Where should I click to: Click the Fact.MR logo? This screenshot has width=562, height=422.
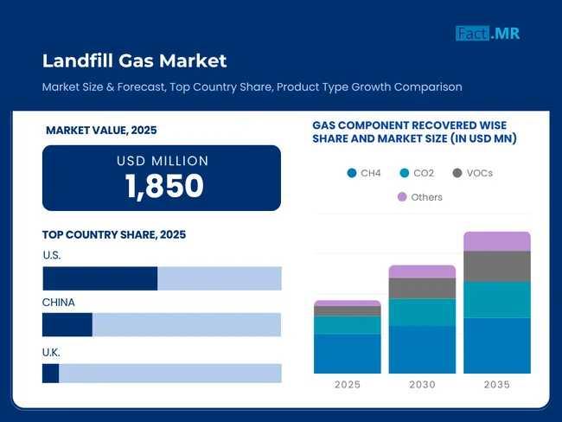tap(488, 34)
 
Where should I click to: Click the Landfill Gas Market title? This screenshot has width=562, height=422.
tap(134, 61)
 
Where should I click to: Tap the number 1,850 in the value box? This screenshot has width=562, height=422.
tap(163, 186)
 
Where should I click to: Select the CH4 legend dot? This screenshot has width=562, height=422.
tap(351, 173)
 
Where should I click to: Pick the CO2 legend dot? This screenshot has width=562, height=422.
tap(403, 173)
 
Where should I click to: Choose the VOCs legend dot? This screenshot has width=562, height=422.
tap(457, 173)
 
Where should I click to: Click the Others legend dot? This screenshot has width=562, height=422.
tap(401, 197)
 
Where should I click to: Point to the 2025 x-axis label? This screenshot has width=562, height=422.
tap(347, 385)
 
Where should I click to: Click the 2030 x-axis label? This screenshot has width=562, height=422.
tap(422, 385)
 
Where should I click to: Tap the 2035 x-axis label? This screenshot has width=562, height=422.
tap(497, 385)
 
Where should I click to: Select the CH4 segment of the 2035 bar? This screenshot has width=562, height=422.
tap(497, 345)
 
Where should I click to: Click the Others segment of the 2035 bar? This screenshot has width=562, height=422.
tap(497, 241)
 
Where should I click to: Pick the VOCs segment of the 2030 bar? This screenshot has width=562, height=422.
tap(422, 288)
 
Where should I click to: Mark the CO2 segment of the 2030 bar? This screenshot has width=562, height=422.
tap(422, 312)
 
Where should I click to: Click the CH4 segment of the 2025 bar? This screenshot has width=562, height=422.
tap(347, 354)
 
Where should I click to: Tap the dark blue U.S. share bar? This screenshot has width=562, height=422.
tap(99, 278)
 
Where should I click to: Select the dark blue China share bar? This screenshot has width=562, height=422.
tap(67, 324)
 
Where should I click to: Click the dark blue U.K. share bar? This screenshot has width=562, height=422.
tap(51, 373)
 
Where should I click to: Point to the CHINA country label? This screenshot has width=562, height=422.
tap(58, 303)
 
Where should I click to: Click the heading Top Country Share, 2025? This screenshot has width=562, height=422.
tap(114, 234)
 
